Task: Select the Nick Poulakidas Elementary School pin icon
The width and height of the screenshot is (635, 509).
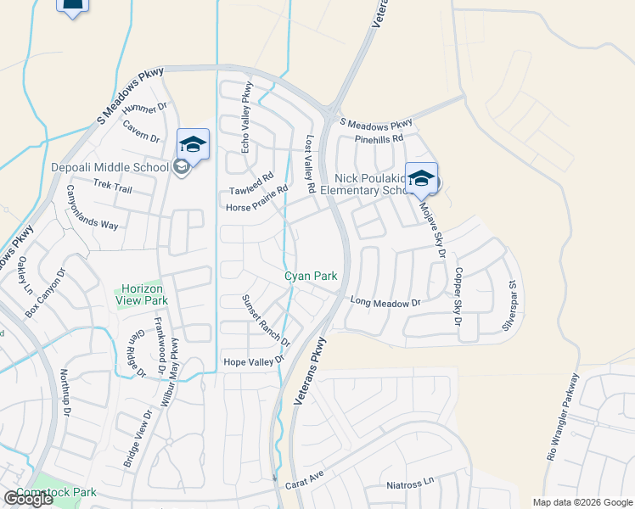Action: click(421, 178)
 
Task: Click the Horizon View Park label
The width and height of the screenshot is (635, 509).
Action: click(142, 294)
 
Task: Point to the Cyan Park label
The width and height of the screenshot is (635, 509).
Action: click(311, 276)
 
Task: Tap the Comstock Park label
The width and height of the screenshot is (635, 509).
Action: click(60, 492)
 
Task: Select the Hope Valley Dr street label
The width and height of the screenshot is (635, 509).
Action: click(252, 362)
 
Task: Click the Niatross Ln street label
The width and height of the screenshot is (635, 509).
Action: click(410, 483)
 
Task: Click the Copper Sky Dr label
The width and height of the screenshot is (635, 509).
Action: click(457, 298)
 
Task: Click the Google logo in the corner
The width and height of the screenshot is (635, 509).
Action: click(27, 499)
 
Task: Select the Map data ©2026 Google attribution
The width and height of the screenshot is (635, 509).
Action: click(582, 502)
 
